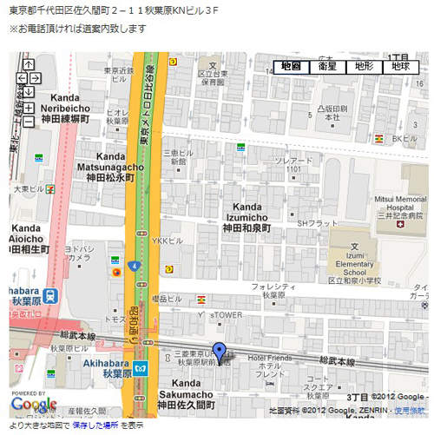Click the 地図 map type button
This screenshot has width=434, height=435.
[x=291, y=66]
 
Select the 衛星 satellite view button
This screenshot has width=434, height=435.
[x=327, y=66]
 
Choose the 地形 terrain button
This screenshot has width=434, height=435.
[x=364, y=66]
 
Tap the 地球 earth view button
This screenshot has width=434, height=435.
[x=400, y=66]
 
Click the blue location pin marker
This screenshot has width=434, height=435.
[x=220, y=353]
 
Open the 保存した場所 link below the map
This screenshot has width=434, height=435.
[x=95, y=425]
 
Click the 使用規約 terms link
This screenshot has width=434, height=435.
[x=410, y=409]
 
